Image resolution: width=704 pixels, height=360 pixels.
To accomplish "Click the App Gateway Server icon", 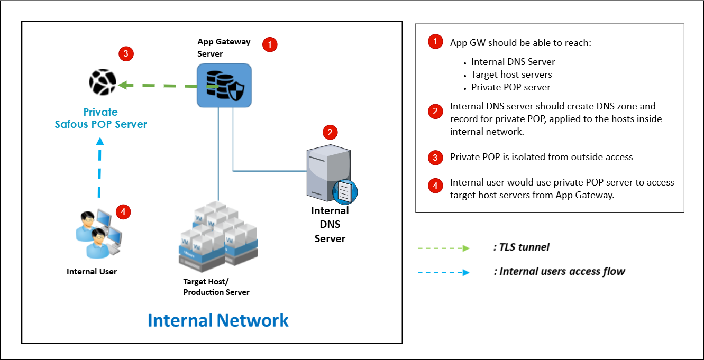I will [224, 84].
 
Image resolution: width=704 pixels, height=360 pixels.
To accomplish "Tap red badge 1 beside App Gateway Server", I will [270, 44].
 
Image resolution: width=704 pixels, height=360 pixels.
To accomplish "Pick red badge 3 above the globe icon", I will [126, 53].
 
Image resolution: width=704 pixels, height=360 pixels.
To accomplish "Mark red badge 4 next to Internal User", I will [123, 212].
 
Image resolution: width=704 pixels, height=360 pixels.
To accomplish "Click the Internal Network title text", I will [218, 320].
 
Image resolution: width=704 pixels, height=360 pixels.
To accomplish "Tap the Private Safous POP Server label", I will [100, 118].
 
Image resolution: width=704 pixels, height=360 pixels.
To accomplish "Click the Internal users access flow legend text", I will [559, 272].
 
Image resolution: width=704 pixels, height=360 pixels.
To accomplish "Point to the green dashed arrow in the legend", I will [444, 248].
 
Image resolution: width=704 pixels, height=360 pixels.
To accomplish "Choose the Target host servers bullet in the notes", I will [511, 75].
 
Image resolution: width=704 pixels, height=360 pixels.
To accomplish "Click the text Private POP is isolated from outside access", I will [541, 157].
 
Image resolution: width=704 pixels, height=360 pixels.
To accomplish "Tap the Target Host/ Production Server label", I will [216, 287].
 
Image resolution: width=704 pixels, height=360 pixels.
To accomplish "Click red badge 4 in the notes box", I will [435, 186].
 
